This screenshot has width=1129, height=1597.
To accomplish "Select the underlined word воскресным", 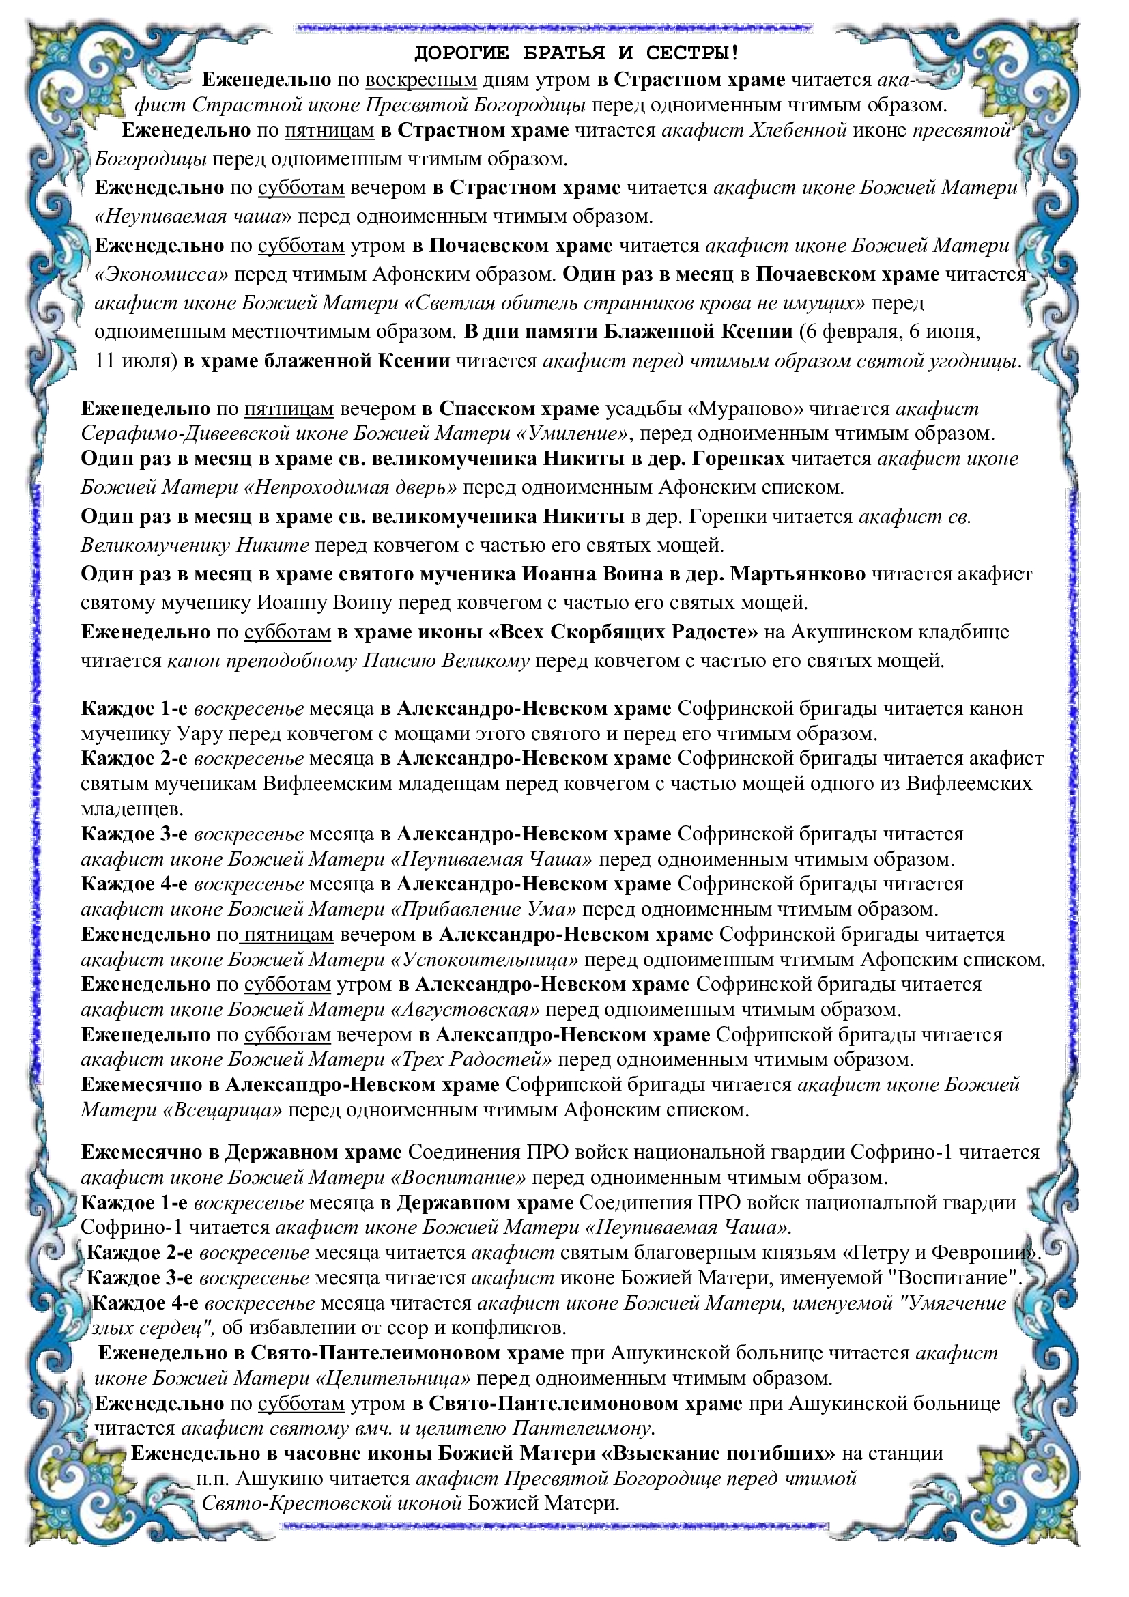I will pos(420,80).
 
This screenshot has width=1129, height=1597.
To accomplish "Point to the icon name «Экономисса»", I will pos(161,274).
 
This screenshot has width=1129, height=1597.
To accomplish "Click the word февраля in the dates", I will pos(861,331).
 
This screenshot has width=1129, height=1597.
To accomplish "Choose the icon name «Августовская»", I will pos(466,1009).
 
